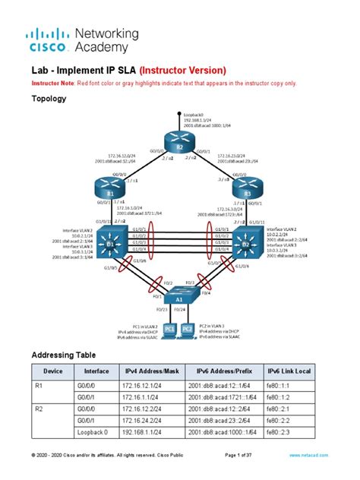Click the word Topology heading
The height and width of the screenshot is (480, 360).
[x=49, y=99]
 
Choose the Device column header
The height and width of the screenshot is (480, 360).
[x=53, y=371]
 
